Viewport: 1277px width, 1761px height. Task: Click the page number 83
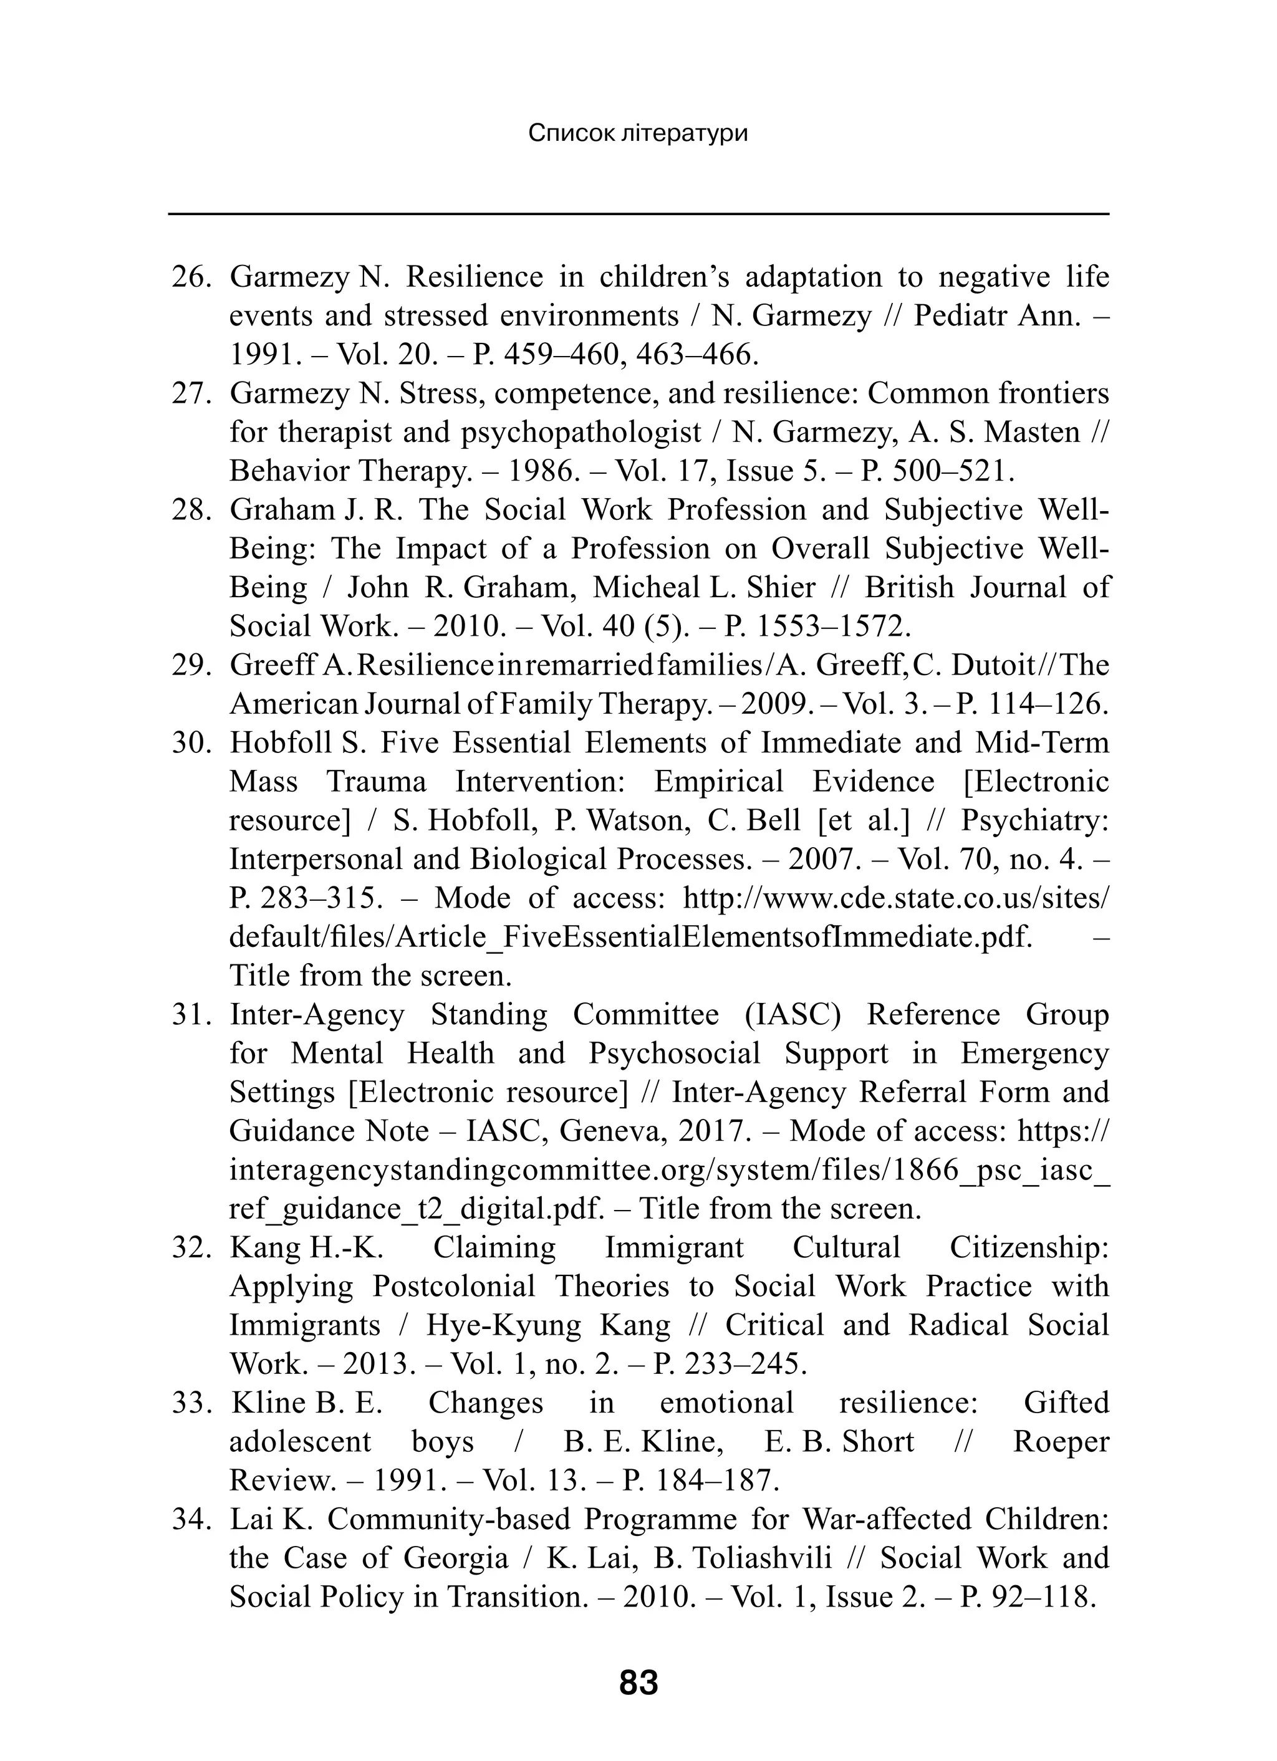638,1683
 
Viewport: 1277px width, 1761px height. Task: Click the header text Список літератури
638,133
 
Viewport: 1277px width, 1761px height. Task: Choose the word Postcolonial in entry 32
454,1287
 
